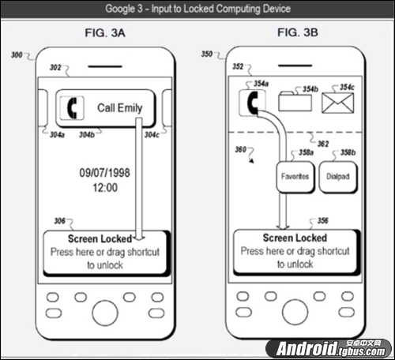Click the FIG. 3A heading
105,33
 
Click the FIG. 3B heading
298,32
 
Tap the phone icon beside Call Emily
72,108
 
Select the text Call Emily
120,108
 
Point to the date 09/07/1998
105,173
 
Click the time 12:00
105,188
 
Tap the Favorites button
295,177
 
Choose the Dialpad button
338,177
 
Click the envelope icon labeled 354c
338,103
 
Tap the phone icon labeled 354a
252,103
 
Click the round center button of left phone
105,313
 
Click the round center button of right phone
295,312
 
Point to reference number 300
17,55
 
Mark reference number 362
323,144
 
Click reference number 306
59,221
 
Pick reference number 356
323,220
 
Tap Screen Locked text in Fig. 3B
295,238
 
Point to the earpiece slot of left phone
105,66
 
